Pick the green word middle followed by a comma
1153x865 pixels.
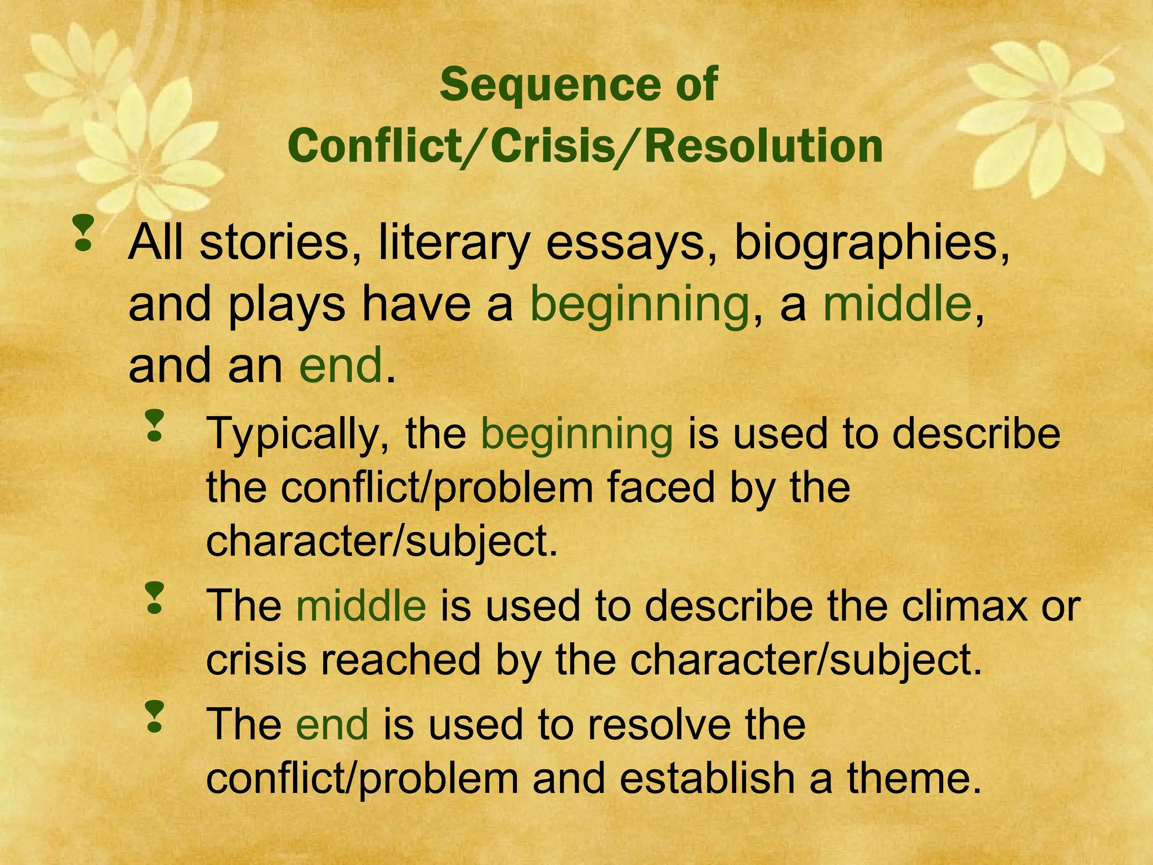pos(897,304)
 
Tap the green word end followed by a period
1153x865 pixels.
pos(341,365)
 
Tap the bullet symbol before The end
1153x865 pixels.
pos(154,716)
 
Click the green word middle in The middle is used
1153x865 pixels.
pos(361,606)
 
